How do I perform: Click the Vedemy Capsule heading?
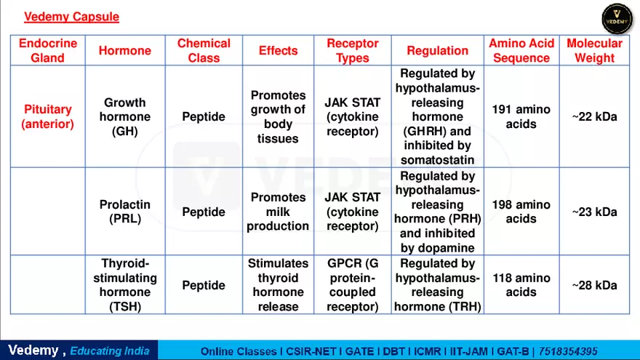pyautogui.click(x=71, y=17)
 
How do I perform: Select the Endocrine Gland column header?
pyautogui.click(x=48, y=50)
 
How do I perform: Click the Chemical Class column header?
pyautogui.click(x=204, y=50)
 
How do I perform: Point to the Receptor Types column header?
pyautogui.click(x=353, y=50)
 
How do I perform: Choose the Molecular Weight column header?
pyautogui.click(x=594, y=50)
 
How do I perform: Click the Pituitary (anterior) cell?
pyautogui.click(x=48, y=116)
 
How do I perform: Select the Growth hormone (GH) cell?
pyautogui.click(x=125, y=116)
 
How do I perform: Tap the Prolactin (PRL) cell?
pyautogui.click(x=125, y=212)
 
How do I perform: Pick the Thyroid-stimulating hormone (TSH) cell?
pyautogui.click(x=125, y=285)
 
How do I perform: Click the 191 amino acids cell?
pyautogui.click(x=521, y=116)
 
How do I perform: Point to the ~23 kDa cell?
pyautogui.click(x=594, y=212)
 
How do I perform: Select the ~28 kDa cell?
pyautogui.click(x=594, y=285)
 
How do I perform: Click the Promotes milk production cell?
pyautogui.click(x=278, y=212)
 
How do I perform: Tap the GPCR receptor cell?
pyautogui.click(x=353, y=285)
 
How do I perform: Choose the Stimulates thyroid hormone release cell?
pyautogui.click(x=278, y=285)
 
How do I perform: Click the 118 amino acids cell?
pyautogui.click(x=521, y=285)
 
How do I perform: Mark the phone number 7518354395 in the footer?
pyautogui.click(x=568, y=351)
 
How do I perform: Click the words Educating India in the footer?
pyautogui.click(x=110, y=351)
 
